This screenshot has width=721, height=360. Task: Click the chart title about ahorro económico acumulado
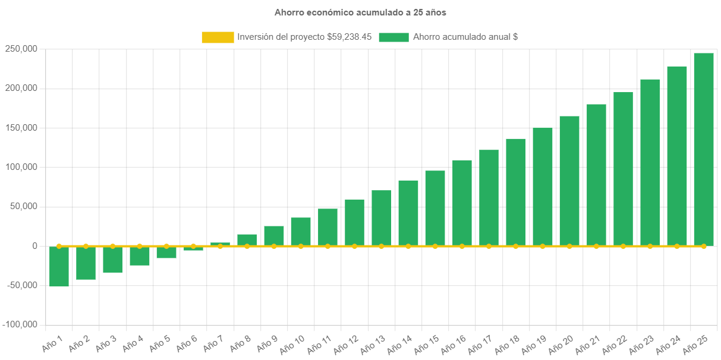[x=360, y=12]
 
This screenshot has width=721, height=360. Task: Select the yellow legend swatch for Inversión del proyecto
[x=218, y=37]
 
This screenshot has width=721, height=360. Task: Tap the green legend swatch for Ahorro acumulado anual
[x=393, y=37]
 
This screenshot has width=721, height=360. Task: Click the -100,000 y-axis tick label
[x=20, y=324]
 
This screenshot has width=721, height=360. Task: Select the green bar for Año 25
[x=704, y=149]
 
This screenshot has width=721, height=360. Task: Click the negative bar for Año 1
[x=59, y=267]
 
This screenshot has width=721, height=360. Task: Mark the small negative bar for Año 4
[x=140, y=256]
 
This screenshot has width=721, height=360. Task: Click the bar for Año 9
[x=274, y=236]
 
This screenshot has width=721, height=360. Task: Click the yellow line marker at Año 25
[x=704, y=246]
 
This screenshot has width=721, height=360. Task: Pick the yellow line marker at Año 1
[x=59, y=246]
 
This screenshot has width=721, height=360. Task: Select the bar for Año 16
[x=462, y=203]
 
